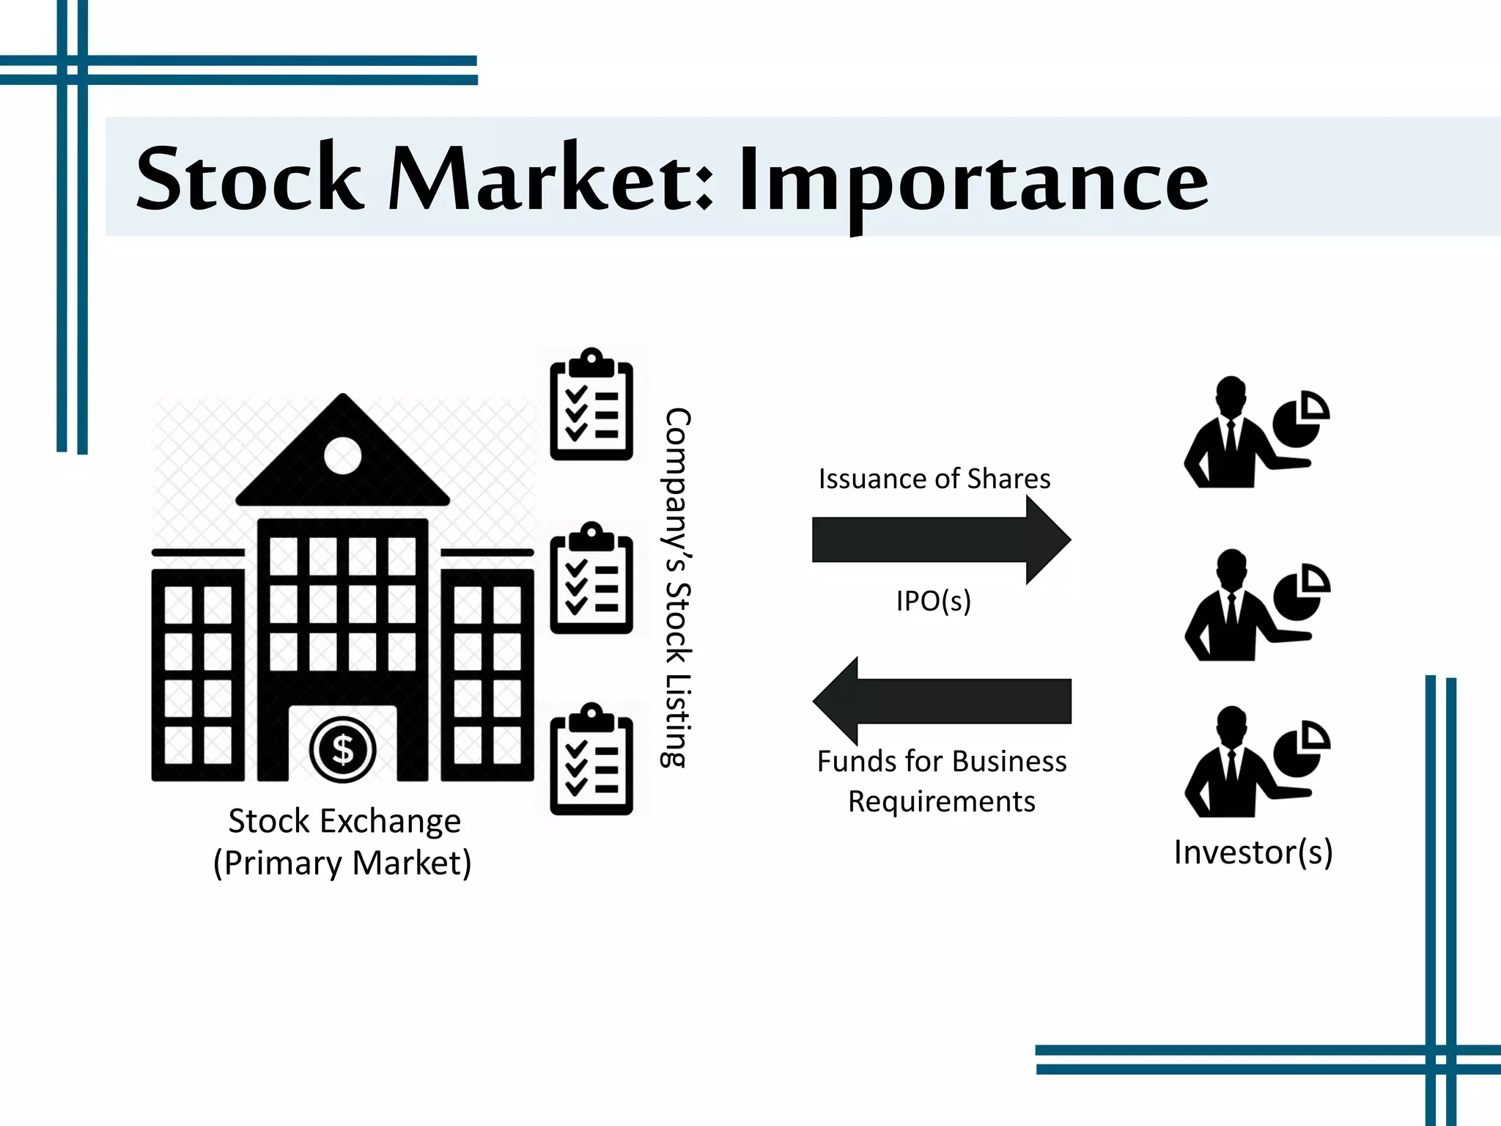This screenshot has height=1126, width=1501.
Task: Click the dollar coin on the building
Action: coord(342,749)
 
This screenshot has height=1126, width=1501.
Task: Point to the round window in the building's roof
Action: coord(342,456)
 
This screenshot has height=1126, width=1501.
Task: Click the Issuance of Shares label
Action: coord(934,479)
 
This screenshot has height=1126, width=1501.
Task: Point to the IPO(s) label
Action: coord(933,601)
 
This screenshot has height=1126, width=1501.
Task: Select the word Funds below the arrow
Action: coord(858,762)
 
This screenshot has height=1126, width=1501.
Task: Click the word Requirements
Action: coord(942,801)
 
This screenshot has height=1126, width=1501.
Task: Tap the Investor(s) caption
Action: coord(1253,852)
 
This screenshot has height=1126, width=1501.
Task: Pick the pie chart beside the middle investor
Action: coord(1301,592)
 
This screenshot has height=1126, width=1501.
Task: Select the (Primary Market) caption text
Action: coord(342,863)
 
